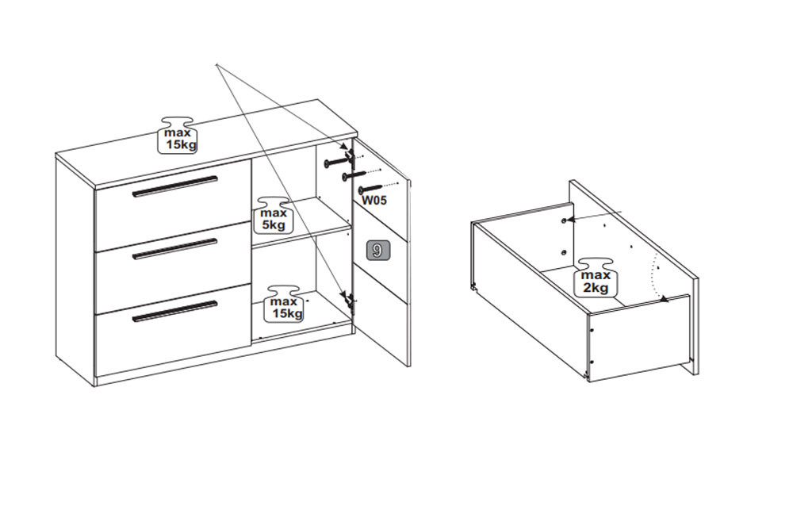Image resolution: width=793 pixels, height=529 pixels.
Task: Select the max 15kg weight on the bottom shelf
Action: tap(285, 304)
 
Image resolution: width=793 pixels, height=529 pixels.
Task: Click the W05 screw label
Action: tap(374, 201)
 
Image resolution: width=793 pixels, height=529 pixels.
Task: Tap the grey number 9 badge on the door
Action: tap(377, 249)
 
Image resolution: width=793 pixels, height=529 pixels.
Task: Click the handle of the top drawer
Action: tap(174, 186)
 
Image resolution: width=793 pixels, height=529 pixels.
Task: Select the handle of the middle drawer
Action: tap(174, 249)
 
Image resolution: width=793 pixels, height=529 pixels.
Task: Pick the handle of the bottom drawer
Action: tap(174, 311)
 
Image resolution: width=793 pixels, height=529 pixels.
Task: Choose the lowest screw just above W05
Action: tap(370, 189)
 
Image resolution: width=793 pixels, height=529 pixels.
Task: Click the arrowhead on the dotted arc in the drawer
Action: tap(665, 300)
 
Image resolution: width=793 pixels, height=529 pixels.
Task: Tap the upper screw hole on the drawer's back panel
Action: tap(563, 220)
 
